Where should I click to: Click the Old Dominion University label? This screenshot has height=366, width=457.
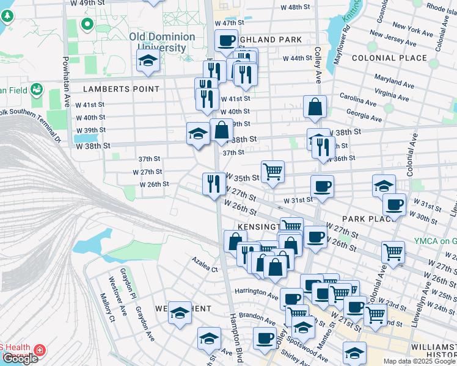162,42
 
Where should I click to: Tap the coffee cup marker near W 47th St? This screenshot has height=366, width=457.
226,41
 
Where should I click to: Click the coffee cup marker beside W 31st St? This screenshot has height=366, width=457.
322,186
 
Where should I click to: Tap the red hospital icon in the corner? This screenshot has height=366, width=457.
40,350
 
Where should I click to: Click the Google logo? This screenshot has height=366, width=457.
20,359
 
